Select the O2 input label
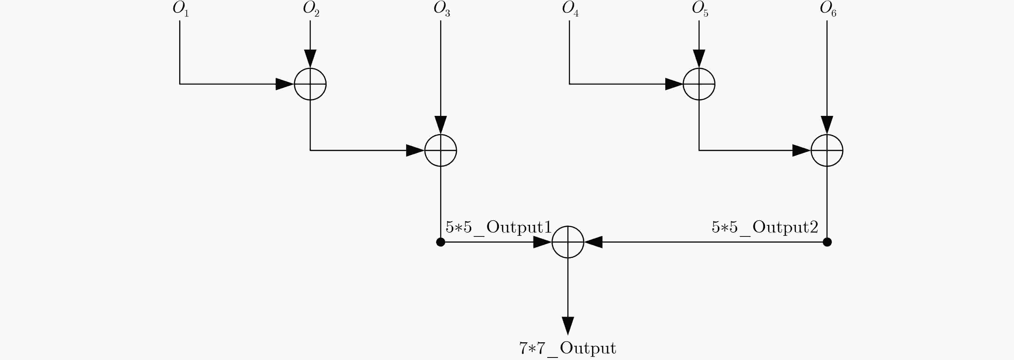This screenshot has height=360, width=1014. coord(311,9)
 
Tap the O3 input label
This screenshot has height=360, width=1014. coord(442,9)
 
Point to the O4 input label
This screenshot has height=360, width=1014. coord(570,9)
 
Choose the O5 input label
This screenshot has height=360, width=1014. coord(700,9)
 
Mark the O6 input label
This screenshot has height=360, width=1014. coord(828,9)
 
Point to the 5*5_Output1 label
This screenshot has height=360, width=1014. coord(498,227)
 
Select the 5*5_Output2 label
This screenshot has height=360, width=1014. coord(765,227)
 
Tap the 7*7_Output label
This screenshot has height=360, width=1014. coord(568,348)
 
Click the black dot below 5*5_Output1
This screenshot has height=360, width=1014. coord(440,242)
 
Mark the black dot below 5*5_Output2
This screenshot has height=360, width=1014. coord(827,242)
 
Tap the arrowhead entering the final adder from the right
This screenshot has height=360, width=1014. coord(593,242)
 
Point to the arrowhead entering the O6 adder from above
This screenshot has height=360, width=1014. coord(827,125)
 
